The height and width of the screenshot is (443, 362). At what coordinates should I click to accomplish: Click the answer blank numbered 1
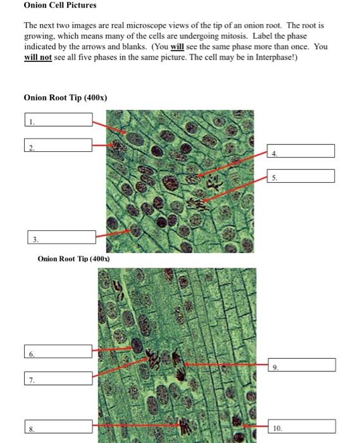pos(58,120)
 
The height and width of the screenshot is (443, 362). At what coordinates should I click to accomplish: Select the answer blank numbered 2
pos(58,145)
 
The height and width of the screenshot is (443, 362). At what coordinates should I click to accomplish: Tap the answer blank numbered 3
pos(61,237)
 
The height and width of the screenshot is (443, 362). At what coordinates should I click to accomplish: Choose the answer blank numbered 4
pos(301,151)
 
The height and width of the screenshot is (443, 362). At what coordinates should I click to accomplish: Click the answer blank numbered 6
pos(58,351)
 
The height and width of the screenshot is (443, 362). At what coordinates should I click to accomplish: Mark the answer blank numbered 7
pos(58,378)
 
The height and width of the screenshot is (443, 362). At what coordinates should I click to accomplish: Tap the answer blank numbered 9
pos(301,365)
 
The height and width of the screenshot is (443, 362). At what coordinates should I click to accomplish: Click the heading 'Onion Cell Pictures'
pos(60,5)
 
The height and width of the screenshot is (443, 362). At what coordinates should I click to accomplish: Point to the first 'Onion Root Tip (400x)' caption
pos(65,97)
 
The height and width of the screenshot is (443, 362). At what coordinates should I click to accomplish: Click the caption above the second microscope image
pos(73,259)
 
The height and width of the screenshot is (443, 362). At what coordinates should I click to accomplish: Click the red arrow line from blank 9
pos(225,365)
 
